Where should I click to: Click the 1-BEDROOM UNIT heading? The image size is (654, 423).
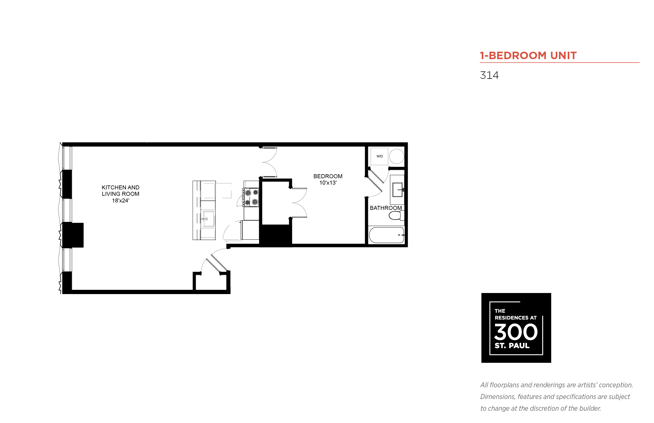[x=528, y=55]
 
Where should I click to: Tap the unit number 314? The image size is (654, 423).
[x=489, y=75]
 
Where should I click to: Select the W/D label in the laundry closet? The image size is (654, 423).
[x=379, y=156]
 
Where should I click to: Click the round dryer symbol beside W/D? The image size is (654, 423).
[x=397, y=156]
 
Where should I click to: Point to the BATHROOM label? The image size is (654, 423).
[x=386, y=208]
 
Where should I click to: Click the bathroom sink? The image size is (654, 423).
[x=397, y=190]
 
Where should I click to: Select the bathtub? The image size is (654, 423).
[x=386, y=235]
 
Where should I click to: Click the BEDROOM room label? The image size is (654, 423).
[x=328, y=176]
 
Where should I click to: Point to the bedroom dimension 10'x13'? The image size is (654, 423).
[x=328, y=183]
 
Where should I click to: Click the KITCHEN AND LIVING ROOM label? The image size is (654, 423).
[x=121, y=191]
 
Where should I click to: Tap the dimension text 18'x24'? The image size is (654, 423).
[x=121, y=201]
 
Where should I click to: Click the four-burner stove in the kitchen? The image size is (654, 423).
[x=250, y=197]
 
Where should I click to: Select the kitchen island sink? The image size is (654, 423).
[x=209, y=219]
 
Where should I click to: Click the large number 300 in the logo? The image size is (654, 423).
[x=516, y=332]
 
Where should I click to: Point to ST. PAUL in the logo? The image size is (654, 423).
[x=512, y=345]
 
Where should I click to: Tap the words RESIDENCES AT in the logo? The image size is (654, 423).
[x=515, y=318]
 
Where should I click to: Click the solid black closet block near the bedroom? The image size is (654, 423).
[x=275, y=236]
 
